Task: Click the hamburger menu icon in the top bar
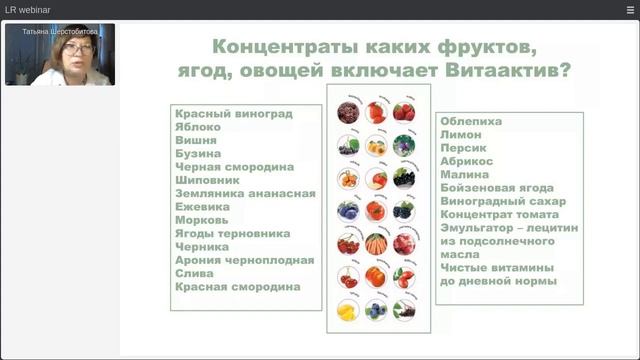(x=630, y=9)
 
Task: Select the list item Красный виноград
(x=233, y=114)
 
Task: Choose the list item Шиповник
(x=208, y=181)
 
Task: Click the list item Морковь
(x=202, y=220)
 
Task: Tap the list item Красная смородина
(x=237, y=287)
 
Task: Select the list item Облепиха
(x=470, y=121)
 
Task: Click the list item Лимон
(x=460, y=134)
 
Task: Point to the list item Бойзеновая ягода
(x=497, y=187)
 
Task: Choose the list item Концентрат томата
(x=499, y=214)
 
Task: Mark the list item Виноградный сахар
(x=497, y=201)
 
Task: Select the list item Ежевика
(x=203, y=207)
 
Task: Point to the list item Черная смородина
(x=234, y=167)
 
